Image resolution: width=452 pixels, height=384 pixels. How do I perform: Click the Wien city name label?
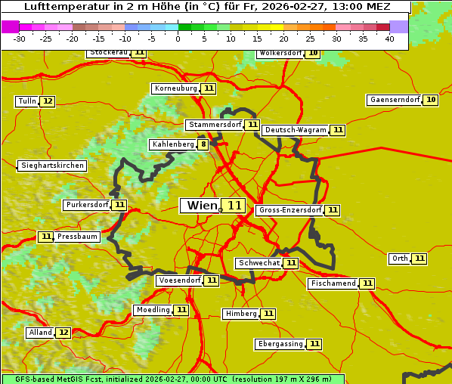point(201,206)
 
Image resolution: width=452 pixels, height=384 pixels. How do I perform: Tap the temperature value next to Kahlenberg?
point(203,144)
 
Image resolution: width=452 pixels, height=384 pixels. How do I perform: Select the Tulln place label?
point(26,101)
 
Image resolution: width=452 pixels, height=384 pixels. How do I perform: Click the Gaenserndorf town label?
point(394,100)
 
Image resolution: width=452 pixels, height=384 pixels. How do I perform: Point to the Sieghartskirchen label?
point(52,166)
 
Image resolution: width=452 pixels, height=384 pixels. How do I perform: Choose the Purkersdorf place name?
point(87,205)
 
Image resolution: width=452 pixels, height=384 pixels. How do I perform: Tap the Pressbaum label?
point(78,237)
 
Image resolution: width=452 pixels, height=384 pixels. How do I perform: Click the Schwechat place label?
point(259,263)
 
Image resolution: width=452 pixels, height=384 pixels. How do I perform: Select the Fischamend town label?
point(333,283)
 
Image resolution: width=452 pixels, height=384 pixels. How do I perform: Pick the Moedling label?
point(153,310)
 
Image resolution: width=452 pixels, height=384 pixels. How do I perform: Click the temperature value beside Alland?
point(63,333)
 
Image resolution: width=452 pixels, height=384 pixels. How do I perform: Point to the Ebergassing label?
point(280,344)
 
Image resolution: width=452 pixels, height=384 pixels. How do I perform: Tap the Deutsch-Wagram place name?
point(296,130)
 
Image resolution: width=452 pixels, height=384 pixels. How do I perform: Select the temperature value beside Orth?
point(419,259)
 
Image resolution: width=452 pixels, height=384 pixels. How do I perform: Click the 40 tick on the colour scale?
point(389,39)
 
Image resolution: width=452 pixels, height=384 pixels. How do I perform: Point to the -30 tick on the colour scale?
point(19,39)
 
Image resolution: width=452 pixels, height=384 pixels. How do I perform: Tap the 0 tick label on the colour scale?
point(178,39)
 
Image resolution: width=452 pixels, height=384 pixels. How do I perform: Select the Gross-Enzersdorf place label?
point(289,210)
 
